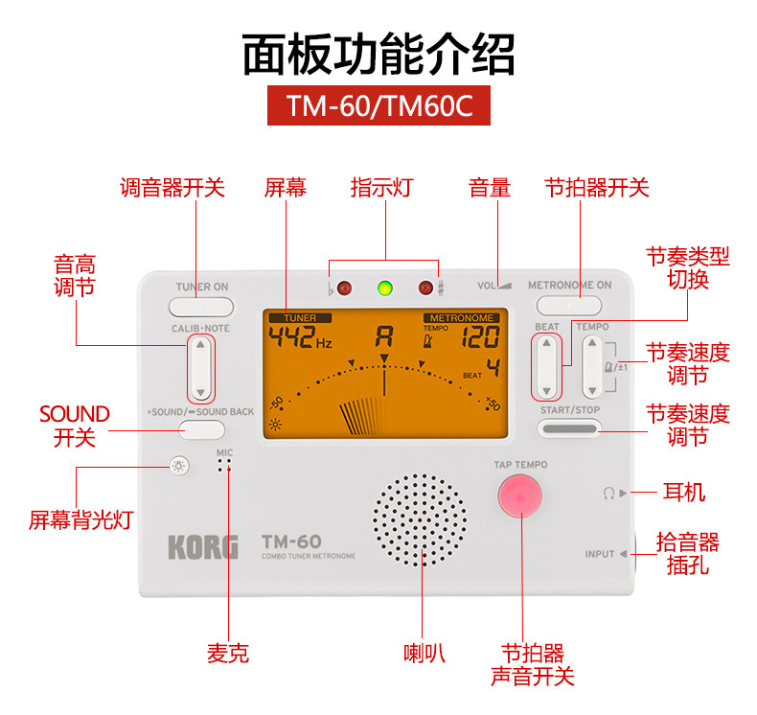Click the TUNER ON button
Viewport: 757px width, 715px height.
[x=201, y=307]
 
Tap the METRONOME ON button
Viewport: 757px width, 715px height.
[x=569, y=306]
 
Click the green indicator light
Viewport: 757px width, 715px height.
[x=385, y=288]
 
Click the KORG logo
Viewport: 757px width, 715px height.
[x=203, y=547]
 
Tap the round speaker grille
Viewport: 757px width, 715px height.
[x=421, y=520]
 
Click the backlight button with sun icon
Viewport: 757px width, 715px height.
[x=177, y=467]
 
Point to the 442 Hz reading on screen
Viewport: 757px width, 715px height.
[x=300, y=338]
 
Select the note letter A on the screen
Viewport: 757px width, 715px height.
[x=384, y=336]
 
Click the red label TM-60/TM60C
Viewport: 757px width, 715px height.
[x=378, y=104]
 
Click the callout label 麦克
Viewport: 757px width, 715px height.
[x=228, y=654]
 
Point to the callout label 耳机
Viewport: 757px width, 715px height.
[x=684, y=493]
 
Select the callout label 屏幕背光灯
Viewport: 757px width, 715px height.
[x=80, y=520]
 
